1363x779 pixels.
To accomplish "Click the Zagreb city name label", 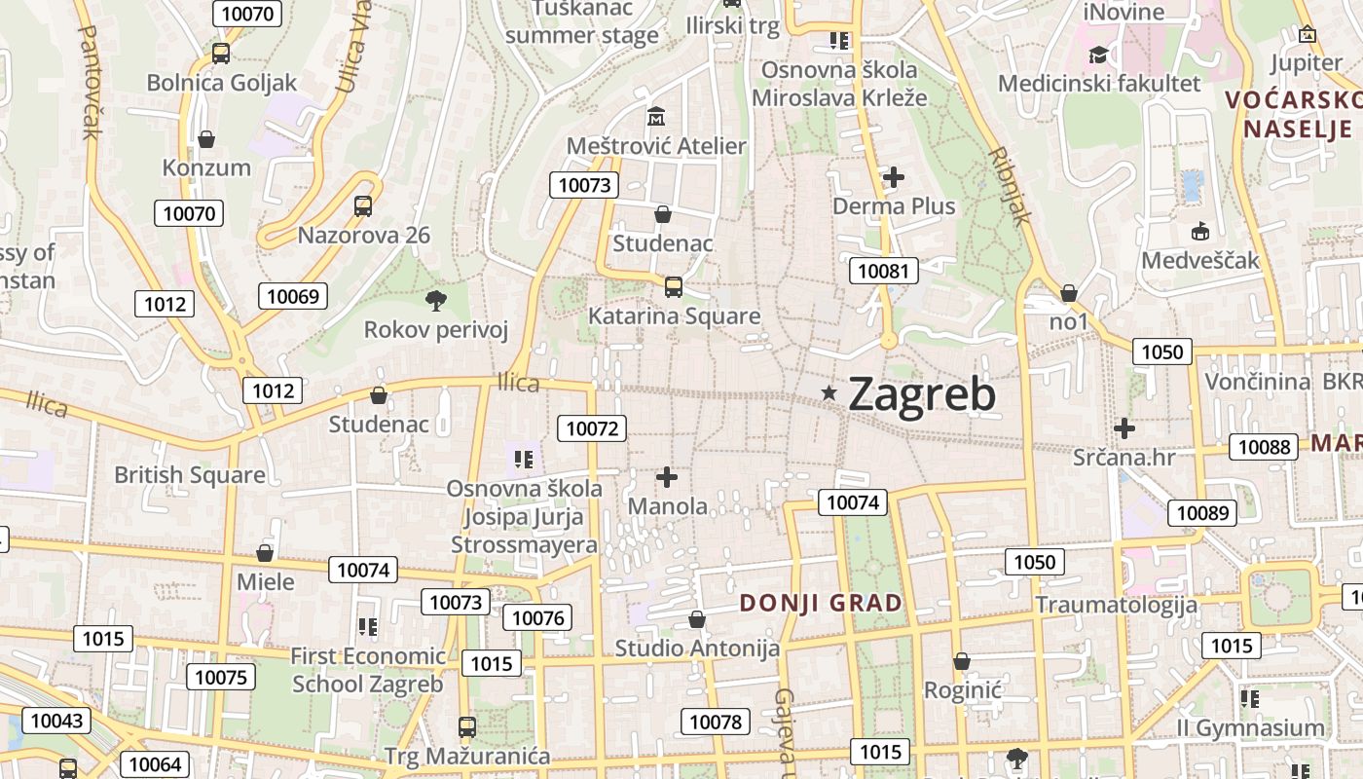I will [x=922, y=394].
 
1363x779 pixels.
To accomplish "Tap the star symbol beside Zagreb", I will [x=829, y=392].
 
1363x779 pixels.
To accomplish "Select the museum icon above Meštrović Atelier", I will [x=656, y=117].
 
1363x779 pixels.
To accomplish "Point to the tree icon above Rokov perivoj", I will [x=435, y=300].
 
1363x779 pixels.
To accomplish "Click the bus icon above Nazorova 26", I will [x=363, y=205].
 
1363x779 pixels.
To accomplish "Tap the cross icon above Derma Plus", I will [x=893, y=177].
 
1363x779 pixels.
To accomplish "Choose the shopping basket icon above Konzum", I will [x=206, y=139].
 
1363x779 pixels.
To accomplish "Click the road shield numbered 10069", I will [x=293, y=296].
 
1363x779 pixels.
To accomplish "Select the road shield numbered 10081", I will [x=884, y=270].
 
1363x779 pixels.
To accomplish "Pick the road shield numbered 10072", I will [x=592, y=427].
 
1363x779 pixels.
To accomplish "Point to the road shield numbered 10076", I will [x=537, y=617].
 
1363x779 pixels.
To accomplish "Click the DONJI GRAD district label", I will [x=821, y=603].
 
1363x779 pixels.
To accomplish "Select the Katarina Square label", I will [x=674, y=316].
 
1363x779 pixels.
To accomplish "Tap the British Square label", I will [x=190, y=475].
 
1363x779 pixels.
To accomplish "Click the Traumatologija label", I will [x=1116, y=605].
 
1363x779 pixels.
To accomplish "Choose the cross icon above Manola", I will [x=667, y=477].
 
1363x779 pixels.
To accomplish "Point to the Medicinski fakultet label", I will [x=1099, y=84].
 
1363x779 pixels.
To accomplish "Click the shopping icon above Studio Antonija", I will [x=697, y=619].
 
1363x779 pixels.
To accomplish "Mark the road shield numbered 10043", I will [x=56, y=721].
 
